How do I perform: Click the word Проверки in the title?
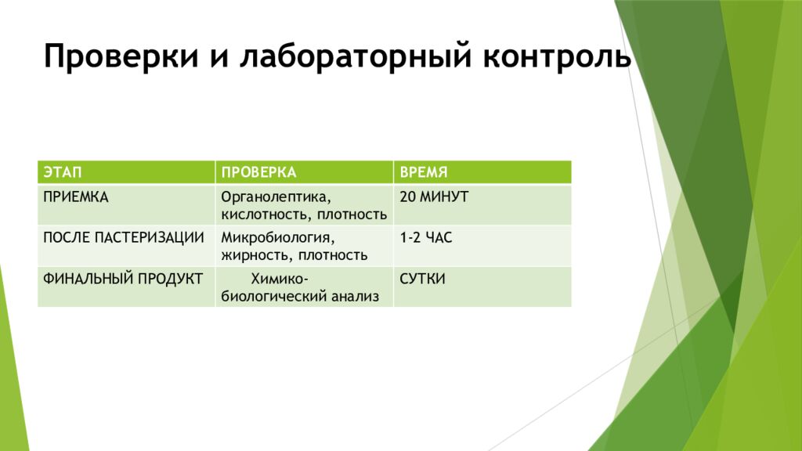(x=121, y=56)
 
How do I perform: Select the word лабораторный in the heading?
(x=355, y=56)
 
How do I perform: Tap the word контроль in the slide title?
(x=557, y=56)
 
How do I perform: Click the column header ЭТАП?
(x=63, y=172)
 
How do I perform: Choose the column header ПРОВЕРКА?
(x=258, y=172)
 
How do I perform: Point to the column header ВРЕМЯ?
(x=424, y=172)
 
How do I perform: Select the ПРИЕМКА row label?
(x=76, y=197)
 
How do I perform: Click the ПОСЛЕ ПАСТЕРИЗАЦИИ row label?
(x=124, y=238)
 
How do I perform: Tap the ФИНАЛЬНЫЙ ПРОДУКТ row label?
(x=123, y=279)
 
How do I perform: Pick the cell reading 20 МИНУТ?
(x=434, y=197)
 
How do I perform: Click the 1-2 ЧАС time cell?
(x=426, y=238)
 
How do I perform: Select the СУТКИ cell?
(x=422, y=279)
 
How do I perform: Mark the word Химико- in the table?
(x=280, y=279)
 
